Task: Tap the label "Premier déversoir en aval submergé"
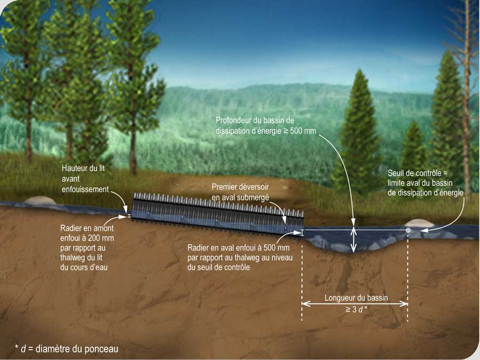pyautogui.click(x=241, y=192)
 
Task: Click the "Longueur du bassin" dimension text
pyautogui.click(x=356, y=298)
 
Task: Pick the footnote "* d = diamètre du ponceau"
pyautogui.click(x=67, y=349)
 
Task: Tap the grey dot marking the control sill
pyautogui.click(x=408, y=230)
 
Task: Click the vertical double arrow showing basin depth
pyautogui.click(x=353, y=239)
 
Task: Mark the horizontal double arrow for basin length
pyautogui.click(x=355, y=304)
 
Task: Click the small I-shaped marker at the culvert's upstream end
pyautogui.click(x=128, y=216)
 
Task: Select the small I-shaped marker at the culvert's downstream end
pyautogui.click(x=302, y=233)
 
